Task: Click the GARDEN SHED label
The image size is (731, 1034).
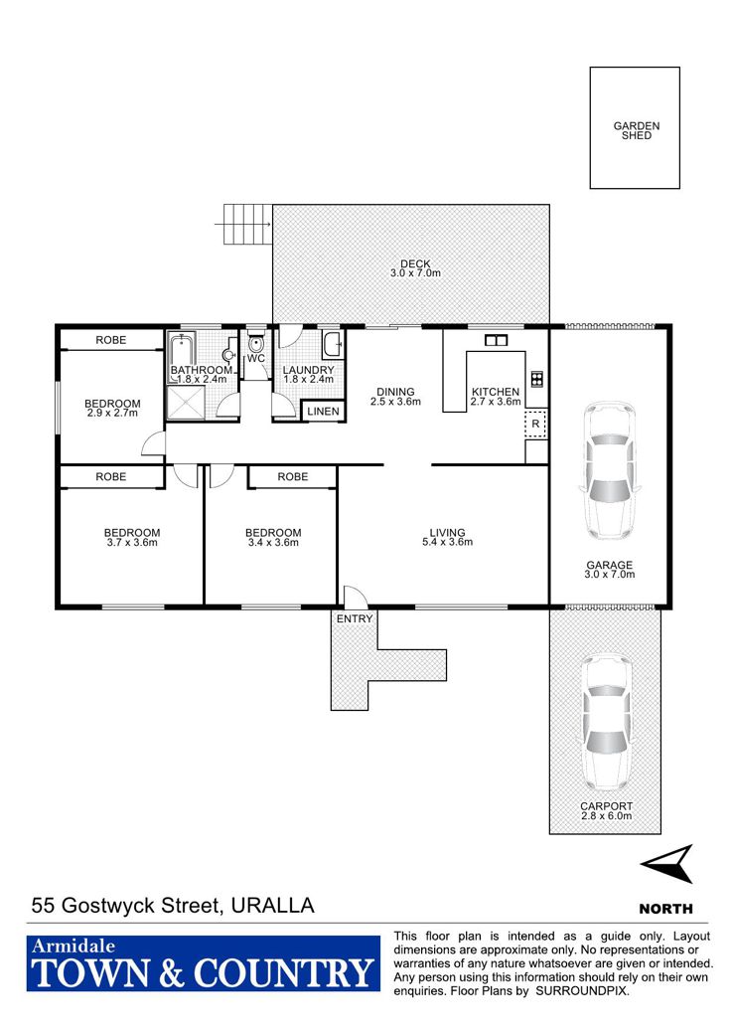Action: pyautogui.click(x=637, y=130)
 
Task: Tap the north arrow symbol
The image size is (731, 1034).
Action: pyautogui.click(x=666, y=863)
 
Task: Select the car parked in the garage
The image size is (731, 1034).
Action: pyautogui.click(x=609, y=469)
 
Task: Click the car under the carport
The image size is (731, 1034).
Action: pyautogui.click(x=605, y=723)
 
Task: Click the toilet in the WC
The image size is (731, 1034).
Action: pyautogui.click(x=255, y=343)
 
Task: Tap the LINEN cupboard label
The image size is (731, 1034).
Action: pyautogui.click(x=323, y=412)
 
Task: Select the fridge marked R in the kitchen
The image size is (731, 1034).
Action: pyautogui.click(x=535, y=424)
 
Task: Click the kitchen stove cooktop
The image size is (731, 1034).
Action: pyautogui.click(x=537, y=379)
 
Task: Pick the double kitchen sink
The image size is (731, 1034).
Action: pyautogui.click(x=496, y=340)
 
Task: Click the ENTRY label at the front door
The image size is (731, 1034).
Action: pyautogui.click(x=355, y=618)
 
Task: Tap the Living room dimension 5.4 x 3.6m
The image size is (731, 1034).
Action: pyautogui.click(x=448, y=542)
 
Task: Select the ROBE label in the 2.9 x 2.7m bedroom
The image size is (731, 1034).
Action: pyautogui.click(x=110, y=340)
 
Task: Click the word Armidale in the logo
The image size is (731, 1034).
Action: pyautogui.click(x=73, y=947)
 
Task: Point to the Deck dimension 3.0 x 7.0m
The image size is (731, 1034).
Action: pyautogui.click(x=415, y=273)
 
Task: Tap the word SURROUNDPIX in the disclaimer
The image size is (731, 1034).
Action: pyautogui.click(x=582, y=991)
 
